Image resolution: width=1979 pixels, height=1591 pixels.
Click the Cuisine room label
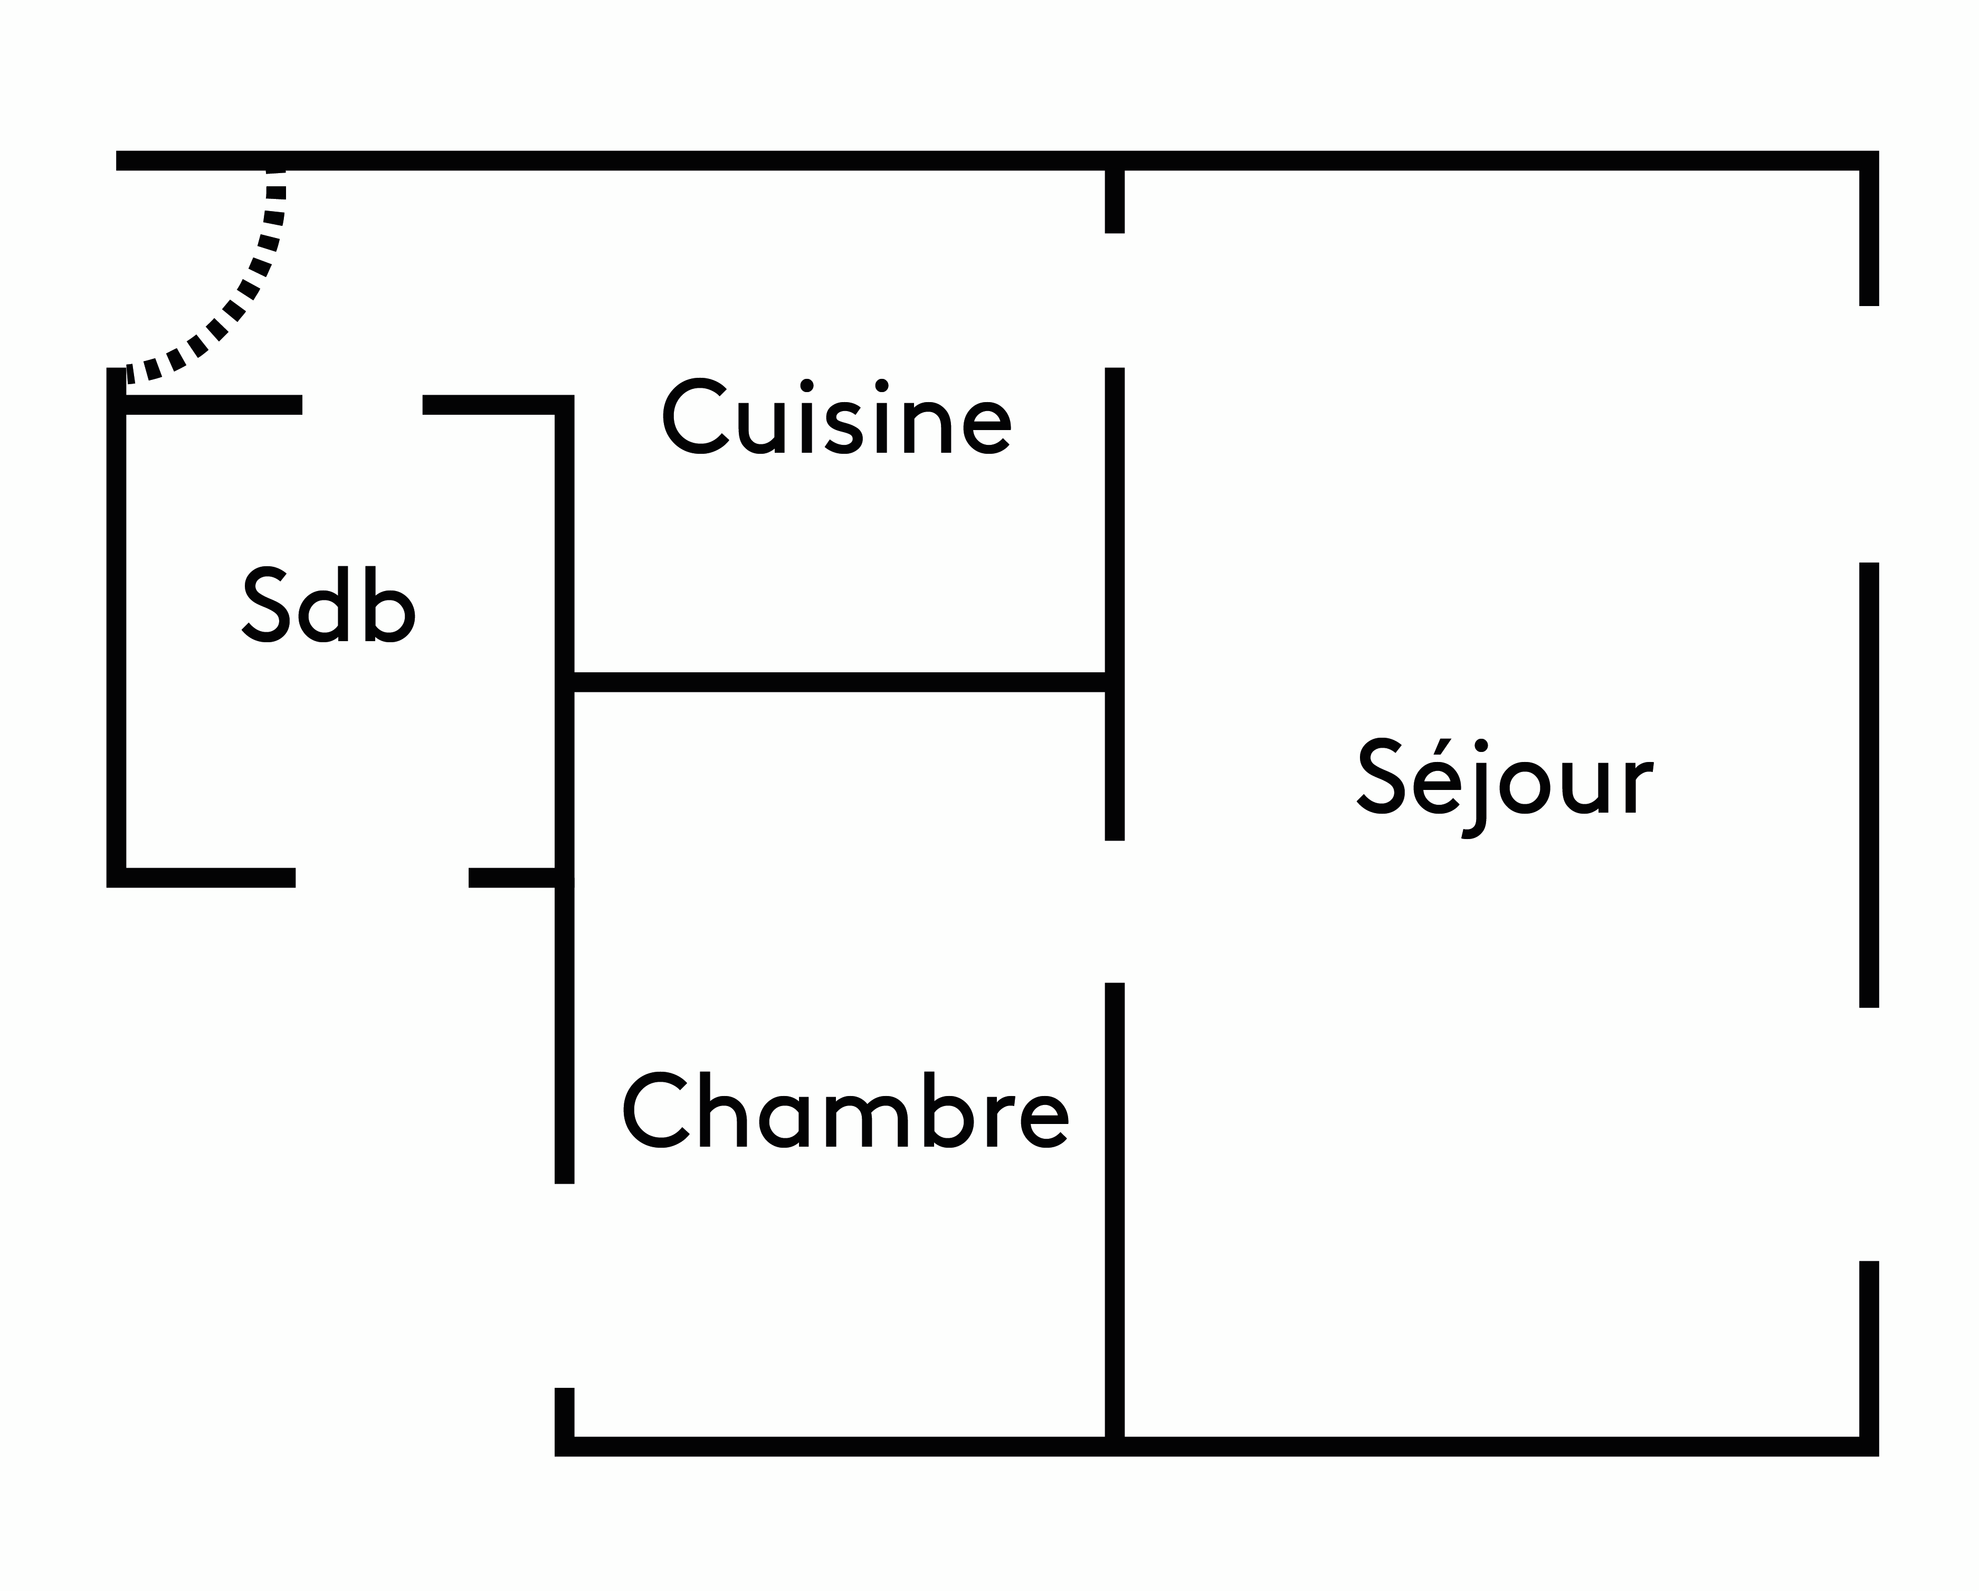[836, 418]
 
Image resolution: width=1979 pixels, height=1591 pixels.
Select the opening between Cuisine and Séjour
[1115, 300]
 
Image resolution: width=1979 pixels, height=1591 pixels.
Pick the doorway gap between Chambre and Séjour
[1115, 912]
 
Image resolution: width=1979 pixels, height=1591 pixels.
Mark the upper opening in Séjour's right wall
[1869, 433]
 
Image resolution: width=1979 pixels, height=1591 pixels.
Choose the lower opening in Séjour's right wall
[1869, 1135]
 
